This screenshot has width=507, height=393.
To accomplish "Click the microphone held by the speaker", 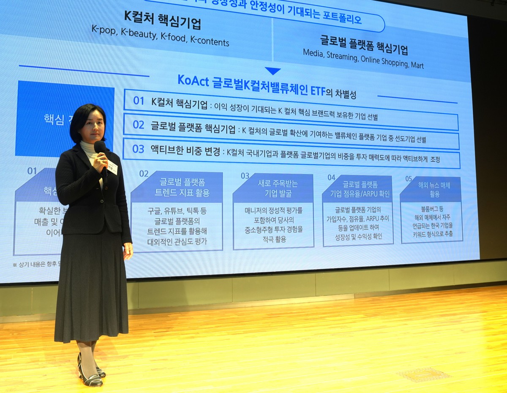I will [x=101, y=148].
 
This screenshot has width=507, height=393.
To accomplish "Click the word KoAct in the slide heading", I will [x=193, y=80].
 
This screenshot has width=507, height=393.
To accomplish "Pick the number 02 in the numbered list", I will [x=139, y=125].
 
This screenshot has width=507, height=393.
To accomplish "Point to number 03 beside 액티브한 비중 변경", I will [x=138, y=149].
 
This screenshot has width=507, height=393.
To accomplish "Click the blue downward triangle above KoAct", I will [x=273, y=71].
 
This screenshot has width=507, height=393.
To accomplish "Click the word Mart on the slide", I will [x=416, y=65].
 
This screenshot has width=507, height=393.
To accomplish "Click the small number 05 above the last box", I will [x=409, y=179].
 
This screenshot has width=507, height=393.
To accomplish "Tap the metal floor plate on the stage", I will [x=424, y=374].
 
